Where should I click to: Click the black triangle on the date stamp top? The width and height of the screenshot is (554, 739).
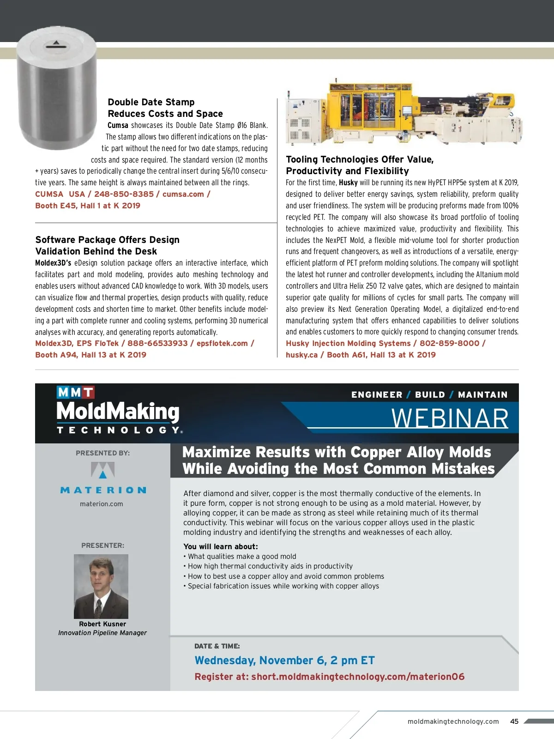[x=56, y=42]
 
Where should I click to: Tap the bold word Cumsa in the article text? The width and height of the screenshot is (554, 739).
[x=118, y=125]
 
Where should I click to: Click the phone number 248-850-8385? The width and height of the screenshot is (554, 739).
[x=124, y=194]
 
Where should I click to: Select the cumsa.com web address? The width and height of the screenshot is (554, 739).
[x=183, y=194]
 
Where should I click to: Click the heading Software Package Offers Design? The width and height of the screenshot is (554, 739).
[x=107, y=240]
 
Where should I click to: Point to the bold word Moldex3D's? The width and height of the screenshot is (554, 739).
[x=53, y=263]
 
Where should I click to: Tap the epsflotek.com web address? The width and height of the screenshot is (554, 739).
[x=222, y=343]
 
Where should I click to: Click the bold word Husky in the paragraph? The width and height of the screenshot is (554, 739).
[x=348, y=182]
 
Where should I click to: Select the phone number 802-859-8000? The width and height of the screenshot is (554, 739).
[x=449, y=343]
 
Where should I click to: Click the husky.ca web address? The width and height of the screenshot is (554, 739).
[x=301, y=355]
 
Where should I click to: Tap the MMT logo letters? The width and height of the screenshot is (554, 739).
[x=75, y=392]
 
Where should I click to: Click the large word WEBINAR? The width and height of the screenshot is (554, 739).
[x=450, y=418]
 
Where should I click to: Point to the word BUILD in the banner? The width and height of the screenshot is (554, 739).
[x=430, y=394]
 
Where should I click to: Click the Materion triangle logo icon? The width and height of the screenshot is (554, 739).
[x=102, y=470]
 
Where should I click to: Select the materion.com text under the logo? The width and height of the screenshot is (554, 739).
[x=102, y=504]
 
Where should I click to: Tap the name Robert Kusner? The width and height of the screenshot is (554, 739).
[x=102, y=624]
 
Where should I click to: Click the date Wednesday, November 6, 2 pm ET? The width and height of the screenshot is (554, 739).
[x=284, y=660]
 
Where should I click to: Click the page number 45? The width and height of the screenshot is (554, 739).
[x=514, y=721]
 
